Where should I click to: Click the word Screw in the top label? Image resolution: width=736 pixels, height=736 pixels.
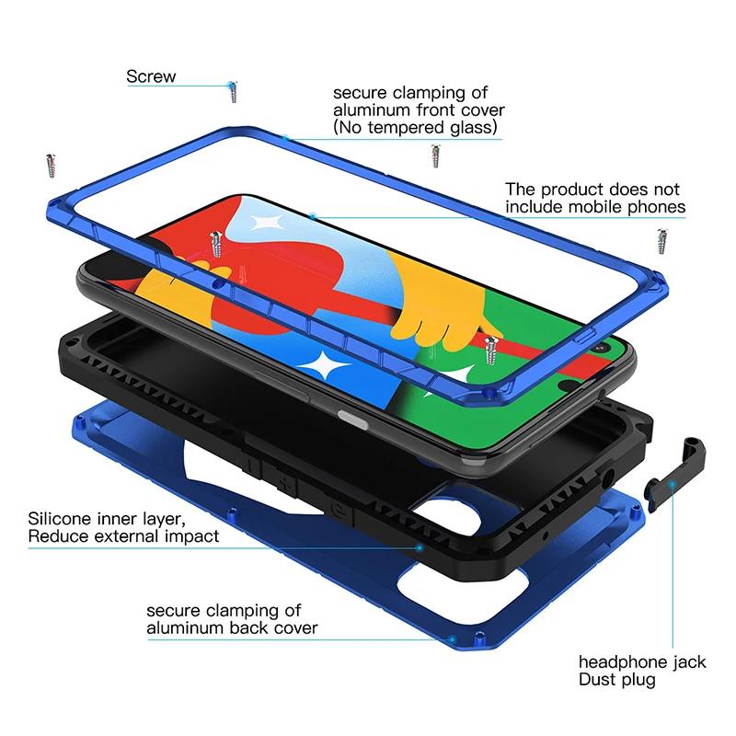point(151,76)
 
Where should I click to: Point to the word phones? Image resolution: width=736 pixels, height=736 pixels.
point(656,207)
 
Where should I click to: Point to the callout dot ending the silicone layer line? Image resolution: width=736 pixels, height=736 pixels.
point(420,548)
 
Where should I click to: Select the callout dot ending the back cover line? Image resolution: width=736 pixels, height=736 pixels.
point(453,638)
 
